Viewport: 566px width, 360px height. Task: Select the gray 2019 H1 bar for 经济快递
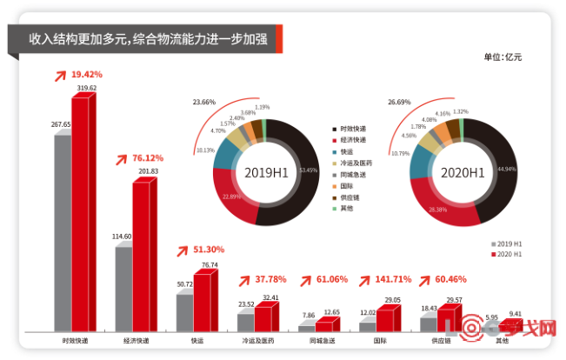click(123, 289)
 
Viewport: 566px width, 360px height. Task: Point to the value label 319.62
click(87, 89)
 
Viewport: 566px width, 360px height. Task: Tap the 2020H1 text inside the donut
click(461, 172)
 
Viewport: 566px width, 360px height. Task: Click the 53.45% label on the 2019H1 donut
click(308, 170)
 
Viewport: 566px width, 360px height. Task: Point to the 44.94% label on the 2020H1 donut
click(505, 168)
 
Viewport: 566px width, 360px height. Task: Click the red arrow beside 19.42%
click(60, 75)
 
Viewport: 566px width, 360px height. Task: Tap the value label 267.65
click(61, 125)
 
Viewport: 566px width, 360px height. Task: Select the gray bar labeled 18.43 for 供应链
click(428, 323)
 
